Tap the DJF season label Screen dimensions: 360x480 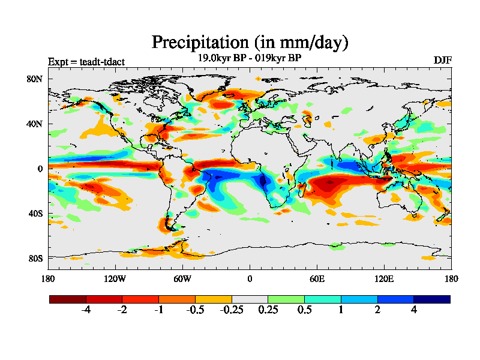click(x=442, y=61)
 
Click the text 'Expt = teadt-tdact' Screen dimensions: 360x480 click(x=86, y=61)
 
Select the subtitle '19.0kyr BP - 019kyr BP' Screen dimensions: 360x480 click(x=249, y=58)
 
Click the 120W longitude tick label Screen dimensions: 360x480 click(x=115, y=278)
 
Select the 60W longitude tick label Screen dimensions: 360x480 click(x=182, y=278)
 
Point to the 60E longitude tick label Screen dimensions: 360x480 click(x=317, y=278)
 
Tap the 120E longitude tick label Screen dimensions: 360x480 click(x=384, y=278)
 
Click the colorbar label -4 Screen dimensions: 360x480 click(x=86, y=310)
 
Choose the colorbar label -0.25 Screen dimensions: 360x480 click(x=232, y=310)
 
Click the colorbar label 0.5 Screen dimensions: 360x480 click(x=304, y=310)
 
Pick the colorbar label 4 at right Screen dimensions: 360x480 click(x=413, y=310)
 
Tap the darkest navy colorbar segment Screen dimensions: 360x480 click(x=431, y=299)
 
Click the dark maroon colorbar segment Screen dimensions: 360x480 click(x=68, y=299)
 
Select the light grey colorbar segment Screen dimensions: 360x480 click(x=250, y=299)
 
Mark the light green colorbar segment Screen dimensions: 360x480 click(x=286, y=299)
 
